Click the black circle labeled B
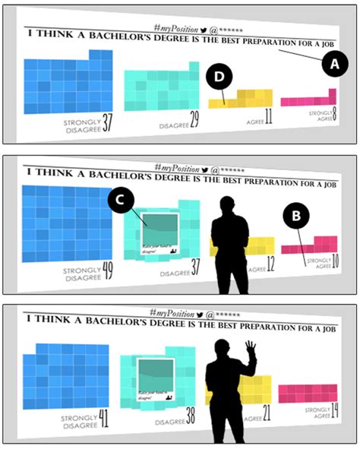pyautogui.click(x=295, y=216)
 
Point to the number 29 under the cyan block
pyautogui.click(x=195, y=119)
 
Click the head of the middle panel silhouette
pyautogui.click(x=227, y=206)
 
